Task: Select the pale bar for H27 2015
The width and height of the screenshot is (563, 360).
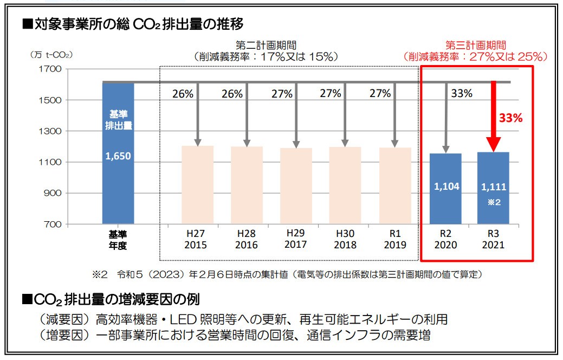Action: click(197, 184)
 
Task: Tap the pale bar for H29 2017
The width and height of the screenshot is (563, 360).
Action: click(296, 185)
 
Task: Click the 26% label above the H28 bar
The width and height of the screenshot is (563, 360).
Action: click(232, 94)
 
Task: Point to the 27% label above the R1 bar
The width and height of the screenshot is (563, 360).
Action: click(380, 93)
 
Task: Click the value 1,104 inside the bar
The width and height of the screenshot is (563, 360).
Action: click(446, 187)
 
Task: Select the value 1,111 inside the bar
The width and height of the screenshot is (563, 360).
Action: click(494, 187)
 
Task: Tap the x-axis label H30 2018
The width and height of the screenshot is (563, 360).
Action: click(346, 239)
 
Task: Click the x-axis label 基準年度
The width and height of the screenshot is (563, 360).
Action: click(118, 239)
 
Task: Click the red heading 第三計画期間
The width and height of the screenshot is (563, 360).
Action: click(475, 45)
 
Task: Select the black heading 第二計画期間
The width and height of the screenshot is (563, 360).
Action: click(266, 45)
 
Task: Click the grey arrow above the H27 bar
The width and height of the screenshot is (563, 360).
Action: click(197, 114)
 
